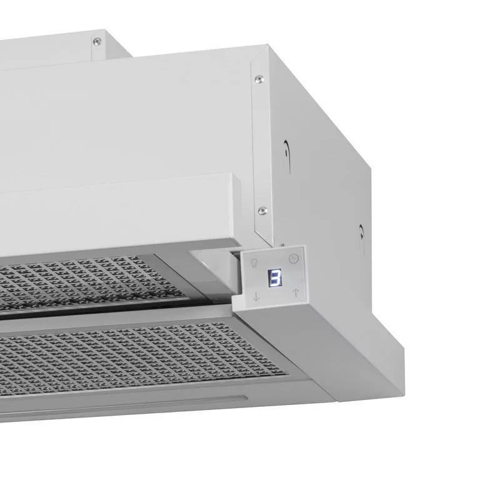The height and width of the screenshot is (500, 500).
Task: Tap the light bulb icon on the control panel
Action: click(x=254, y=263)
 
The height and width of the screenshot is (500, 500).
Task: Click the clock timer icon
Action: click(x=294, y=259)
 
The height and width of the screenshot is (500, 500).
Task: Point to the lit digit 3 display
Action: click(x=275, y=277)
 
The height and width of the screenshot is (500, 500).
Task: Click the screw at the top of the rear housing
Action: click(x=96, y=41)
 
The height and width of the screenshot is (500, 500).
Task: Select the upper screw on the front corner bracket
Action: click(x=259, y=79)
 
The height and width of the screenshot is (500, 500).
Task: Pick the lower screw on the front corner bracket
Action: click(x=262, y=210)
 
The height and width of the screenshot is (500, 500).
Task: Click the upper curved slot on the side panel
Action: click(x=287, y=156)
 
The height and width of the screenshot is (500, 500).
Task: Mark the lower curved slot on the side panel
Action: click(x=362, y=237)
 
